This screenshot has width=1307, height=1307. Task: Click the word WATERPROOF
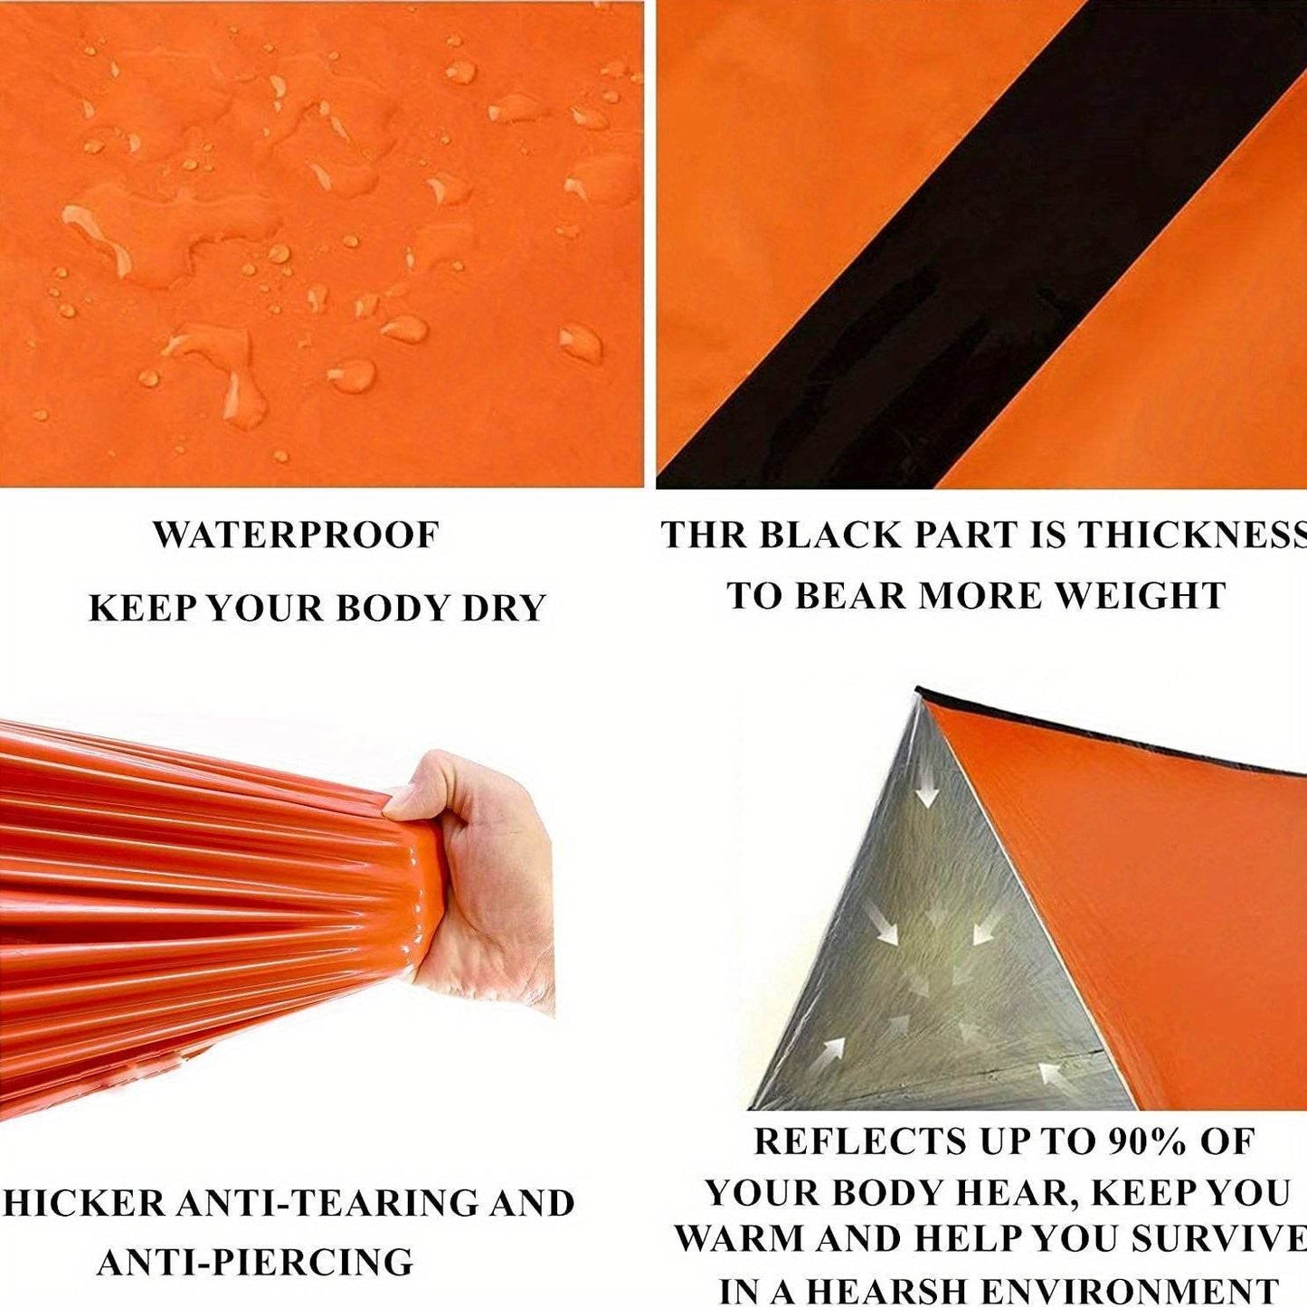click(296, 535)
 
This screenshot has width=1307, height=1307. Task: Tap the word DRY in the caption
click(504, 608)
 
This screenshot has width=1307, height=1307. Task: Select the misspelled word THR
click(702, 535)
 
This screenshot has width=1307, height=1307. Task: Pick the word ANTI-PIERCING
click(254, 1262)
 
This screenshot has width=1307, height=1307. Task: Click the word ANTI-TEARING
click(327, 1203)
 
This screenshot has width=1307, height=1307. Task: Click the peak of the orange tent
click(921, 695)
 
